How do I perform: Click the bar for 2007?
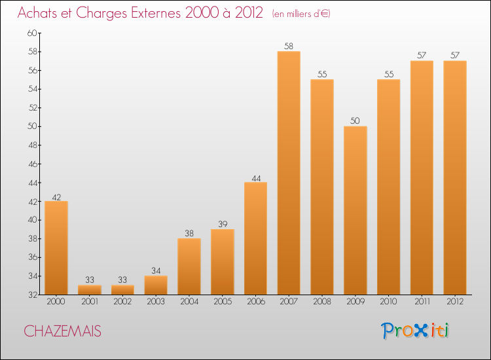(x=289, y=173)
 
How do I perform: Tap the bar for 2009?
(x=355, y=210)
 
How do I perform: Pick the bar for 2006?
(x=255, y=238)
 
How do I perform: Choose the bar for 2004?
(x=189, y=266)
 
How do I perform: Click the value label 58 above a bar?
(x=289, y=46)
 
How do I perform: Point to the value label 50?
(x=355, y=121)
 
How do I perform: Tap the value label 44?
(x=255, y=177)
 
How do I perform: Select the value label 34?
(x=156, y=271)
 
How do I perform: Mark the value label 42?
(x=56, y=196)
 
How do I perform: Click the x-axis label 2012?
(x=455, y=302)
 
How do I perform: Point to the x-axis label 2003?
(x=156, y=302)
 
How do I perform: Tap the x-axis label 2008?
(x=322, y=302)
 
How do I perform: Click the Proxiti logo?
(x=416, y=331)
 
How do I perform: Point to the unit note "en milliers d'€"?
(x=301, y=14)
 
